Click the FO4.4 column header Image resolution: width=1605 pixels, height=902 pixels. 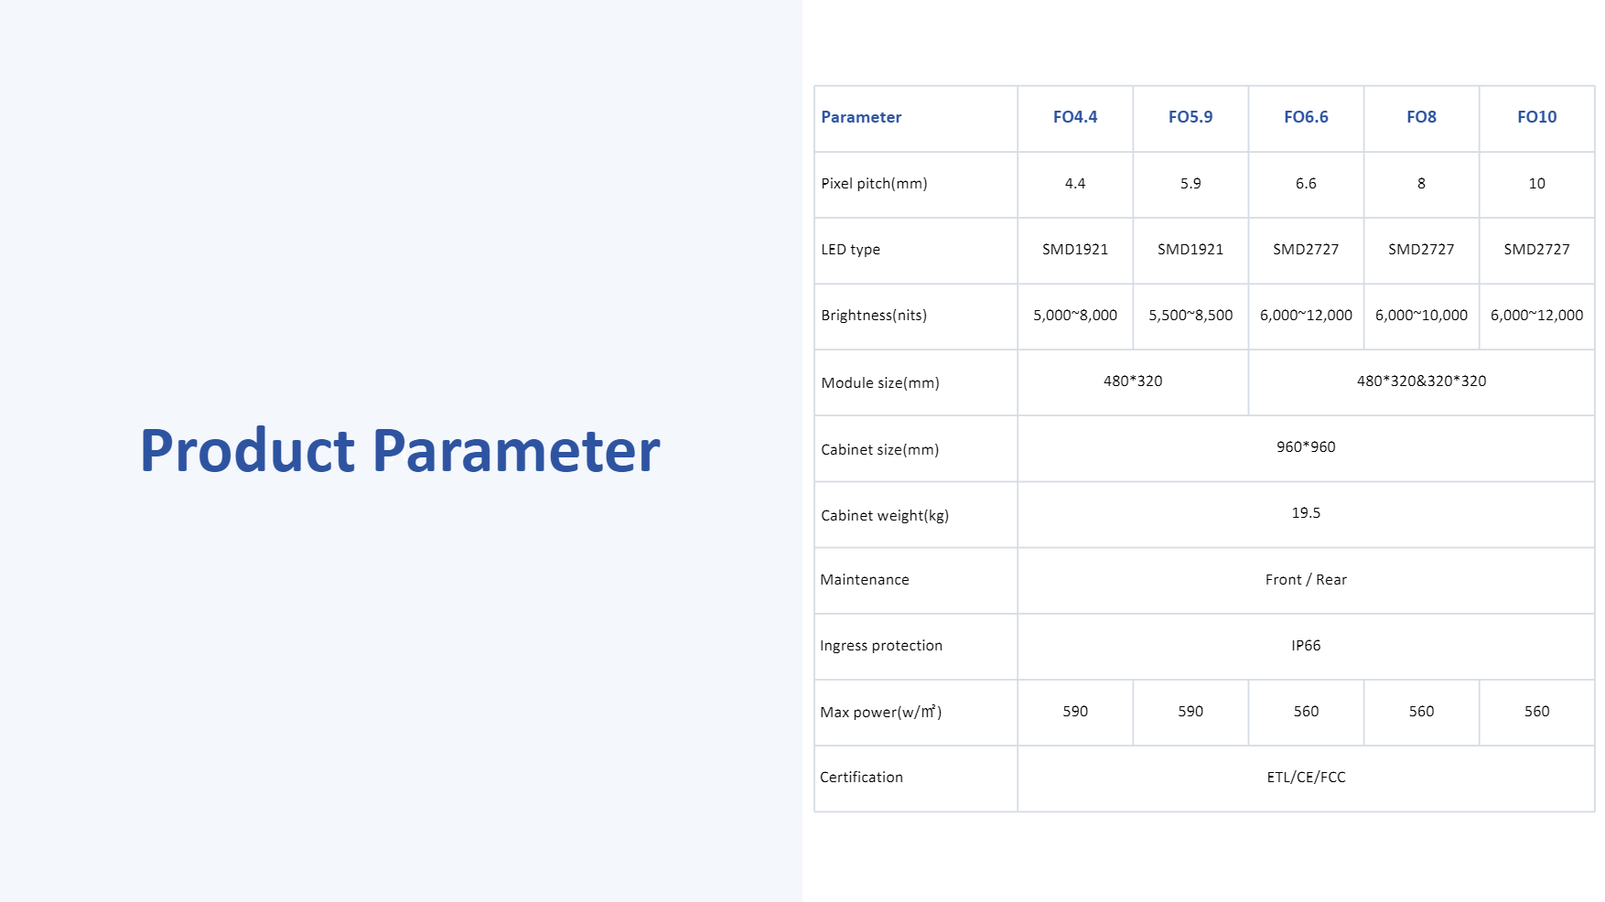[x=1074, y=117]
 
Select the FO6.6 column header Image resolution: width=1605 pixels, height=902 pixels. [x=1306, y=117]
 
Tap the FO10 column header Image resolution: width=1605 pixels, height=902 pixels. [x=1536, y=117]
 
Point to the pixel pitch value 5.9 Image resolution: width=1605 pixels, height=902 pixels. [x=1190, y=183]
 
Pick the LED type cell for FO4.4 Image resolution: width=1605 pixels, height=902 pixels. [x=1075, y=249]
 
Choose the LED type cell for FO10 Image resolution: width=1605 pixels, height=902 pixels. [x=1536, y=249]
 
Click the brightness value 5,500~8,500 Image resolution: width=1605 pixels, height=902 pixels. [x=1190, y=315]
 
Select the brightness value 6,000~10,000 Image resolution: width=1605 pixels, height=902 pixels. [x=1421, y=315]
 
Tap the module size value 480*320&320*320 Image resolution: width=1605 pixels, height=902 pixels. [x=1421, y=381]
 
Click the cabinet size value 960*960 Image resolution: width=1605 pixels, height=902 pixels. [x=1306, y=446]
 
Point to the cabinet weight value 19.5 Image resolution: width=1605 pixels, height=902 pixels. [x=1306, y=512]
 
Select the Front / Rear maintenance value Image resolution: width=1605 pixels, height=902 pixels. [x=1306, y=579]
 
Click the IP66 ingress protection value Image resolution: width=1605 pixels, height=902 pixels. [x=1306, y=645]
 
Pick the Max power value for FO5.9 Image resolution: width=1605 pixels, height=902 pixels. [x=1190, y=711]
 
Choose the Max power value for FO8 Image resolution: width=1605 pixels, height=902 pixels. [x=1421, y=711]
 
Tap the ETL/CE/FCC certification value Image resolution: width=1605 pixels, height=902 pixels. [x=1306, y=777]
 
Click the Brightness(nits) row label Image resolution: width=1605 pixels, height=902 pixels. [x=874, y=315]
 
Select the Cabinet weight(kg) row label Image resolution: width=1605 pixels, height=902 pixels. [x=885, y=515]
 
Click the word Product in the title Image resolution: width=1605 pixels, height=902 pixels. [x=247, y=450]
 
